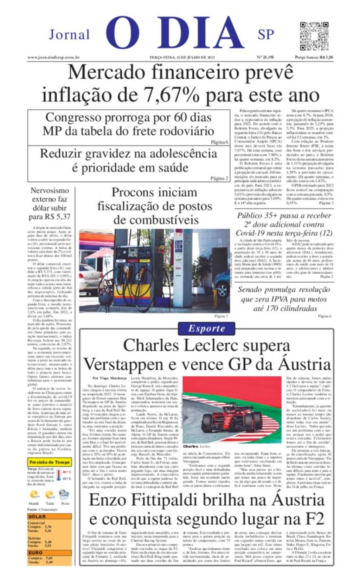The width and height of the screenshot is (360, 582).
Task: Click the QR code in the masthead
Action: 314,36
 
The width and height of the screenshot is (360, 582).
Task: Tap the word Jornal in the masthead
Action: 69,35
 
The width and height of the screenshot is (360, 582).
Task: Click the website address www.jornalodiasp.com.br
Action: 53,57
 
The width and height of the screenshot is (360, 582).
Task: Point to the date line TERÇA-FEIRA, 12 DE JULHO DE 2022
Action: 182,57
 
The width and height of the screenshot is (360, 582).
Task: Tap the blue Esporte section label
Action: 206,329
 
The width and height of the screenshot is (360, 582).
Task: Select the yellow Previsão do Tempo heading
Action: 50,462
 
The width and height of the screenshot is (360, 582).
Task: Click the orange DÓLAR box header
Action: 49,516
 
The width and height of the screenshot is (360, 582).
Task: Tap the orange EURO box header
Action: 49,553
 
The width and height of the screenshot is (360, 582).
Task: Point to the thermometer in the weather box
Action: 58,475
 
